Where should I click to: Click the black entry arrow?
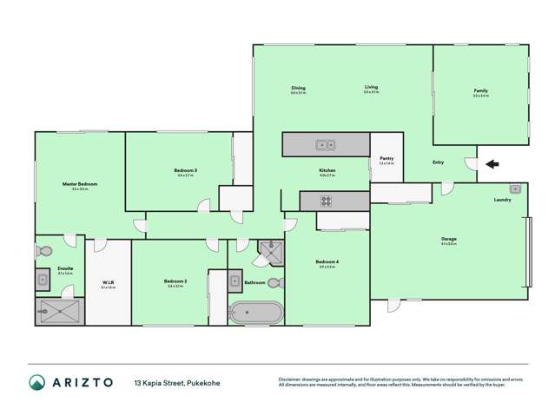[492, 163]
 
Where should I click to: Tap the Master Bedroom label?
[79, 184]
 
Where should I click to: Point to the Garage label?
[448, 239]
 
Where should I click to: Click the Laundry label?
[502, 200]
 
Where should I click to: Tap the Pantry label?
[387, 158]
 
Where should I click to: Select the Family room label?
[480, 91]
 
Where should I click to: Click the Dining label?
[298, 88]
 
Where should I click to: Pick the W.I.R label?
[109, 281]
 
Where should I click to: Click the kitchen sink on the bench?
[326, 145]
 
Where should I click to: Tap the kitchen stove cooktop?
[326, 201]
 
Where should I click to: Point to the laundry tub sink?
[514, 188]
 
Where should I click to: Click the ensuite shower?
[61, 311]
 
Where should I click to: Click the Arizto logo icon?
[36, 382]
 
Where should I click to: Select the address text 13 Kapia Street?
[157, 382]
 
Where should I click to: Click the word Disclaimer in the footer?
[289, 379]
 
